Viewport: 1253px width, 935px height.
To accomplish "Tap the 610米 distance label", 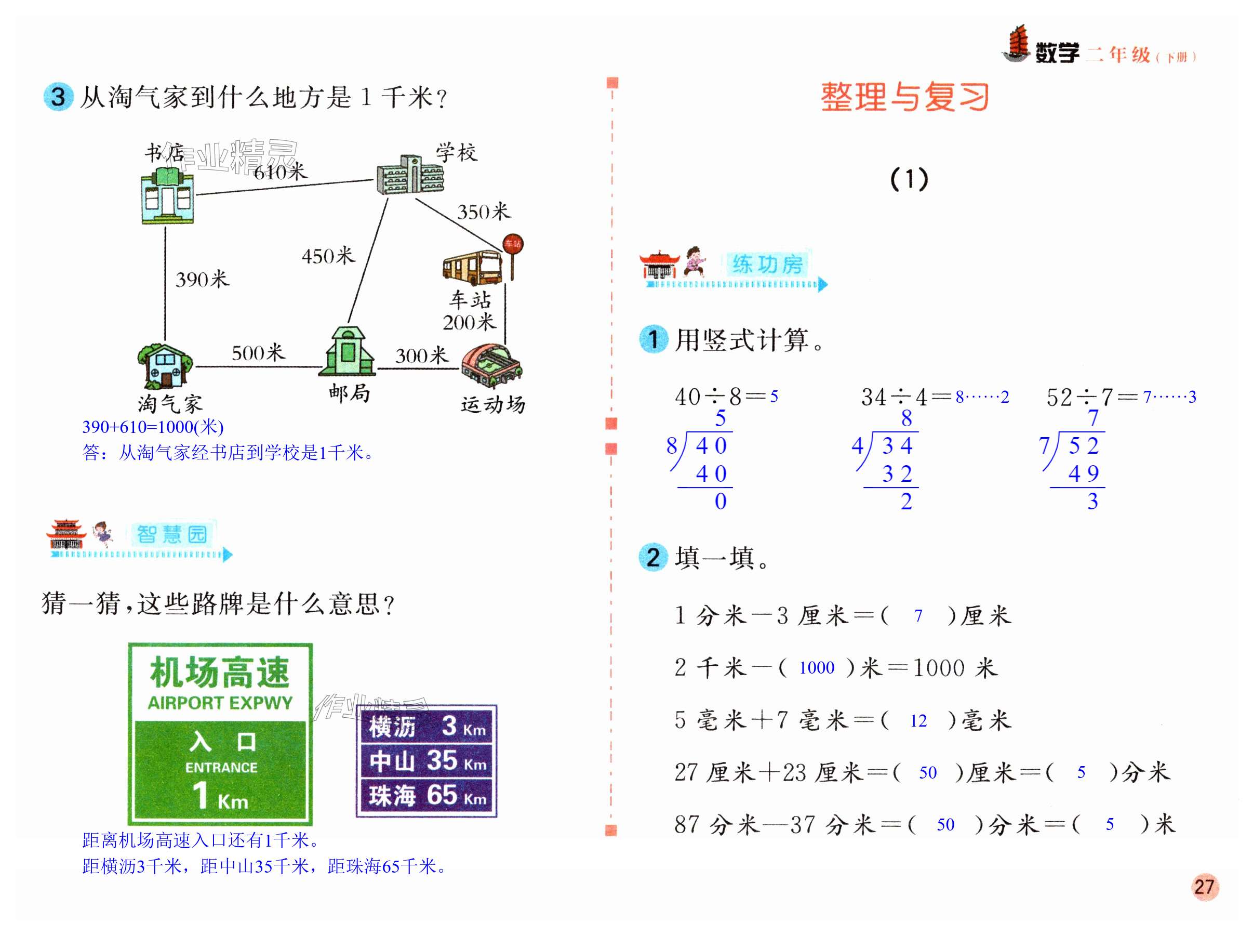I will pyautogui.click(x=280, y=172).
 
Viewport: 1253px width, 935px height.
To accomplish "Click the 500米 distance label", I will pyautogui.click(x=258, y=353).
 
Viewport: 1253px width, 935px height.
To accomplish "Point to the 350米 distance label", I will pyautogui.click(x=484, y=212).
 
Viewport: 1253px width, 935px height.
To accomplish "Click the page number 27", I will pyautogui.click(x=1204, y=886).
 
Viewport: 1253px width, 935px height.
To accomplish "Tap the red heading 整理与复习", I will pyautogui.click(x=904, y=97).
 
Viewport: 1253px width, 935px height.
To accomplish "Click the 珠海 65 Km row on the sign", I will pyautogui.click(x=427, y=795).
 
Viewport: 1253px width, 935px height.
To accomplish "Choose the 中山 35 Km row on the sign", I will pyautogui.click(x=427, y=760).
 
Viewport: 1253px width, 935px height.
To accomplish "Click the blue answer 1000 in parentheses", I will pyautogui.click(x=816, y=668).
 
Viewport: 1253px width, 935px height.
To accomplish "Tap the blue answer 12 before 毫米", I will pyautogui.click(x=918, y=721).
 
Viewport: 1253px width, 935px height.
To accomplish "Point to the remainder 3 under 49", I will pyautogui.click(x=1092, y=502).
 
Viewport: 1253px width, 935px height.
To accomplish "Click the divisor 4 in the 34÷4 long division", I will pyautogui.click(x=858, y=446).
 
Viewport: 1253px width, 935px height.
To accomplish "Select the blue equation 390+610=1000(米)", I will pyautogui.click(x=153, y=427).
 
